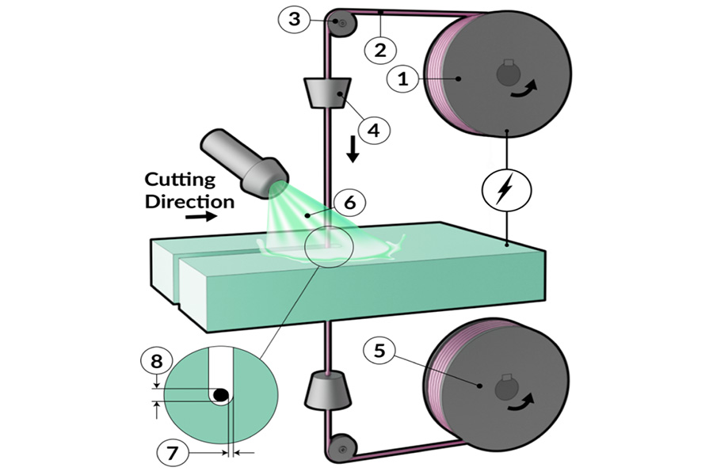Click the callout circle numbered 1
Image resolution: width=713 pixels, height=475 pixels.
tap(404, 78)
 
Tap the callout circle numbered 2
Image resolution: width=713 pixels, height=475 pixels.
tap(380, 49)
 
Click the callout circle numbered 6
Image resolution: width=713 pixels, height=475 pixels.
tap(350, 202)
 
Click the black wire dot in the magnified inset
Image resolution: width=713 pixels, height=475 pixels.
tap(222, 394)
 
